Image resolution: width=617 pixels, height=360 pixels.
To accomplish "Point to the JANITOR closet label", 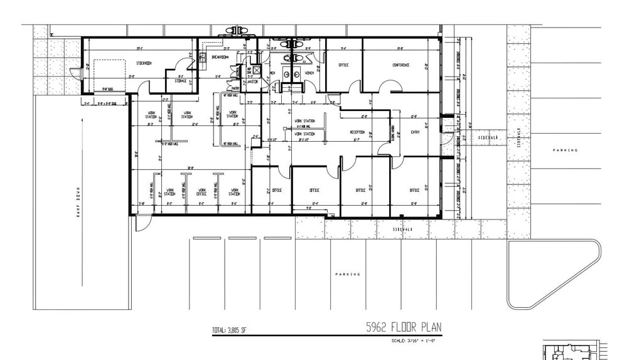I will pyautogui.click(x=252, y=81).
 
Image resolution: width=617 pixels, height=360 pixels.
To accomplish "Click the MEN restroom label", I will pyautogui.click(x=272, y=73).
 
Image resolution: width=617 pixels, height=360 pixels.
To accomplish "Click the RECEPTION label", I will pyautogui.click(x=357, y=132).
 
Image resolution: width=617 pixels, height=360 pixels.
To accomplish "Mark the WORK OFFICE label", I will pyautogui.click(x=201, y=192).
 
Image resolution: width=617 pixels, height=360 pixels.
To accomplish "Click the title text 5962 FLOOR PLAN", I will pyautogui.click(x=404, y=327).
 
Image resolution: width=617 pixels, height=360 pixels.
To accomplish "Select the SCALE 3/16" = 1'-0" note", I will pyautogui.click(x=412, y=341).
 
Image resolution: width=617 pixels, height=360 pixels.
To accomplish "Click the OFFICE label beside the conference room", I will pyautogui.click(x=343, y=65).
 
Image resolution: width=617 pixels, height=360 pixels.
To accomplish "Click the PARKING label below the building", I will pyautogui.click(x=347, y=274).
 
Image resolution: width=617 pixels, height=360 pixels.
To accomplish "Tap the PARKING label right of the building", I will pyautogui.click(x=564, y=151).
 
